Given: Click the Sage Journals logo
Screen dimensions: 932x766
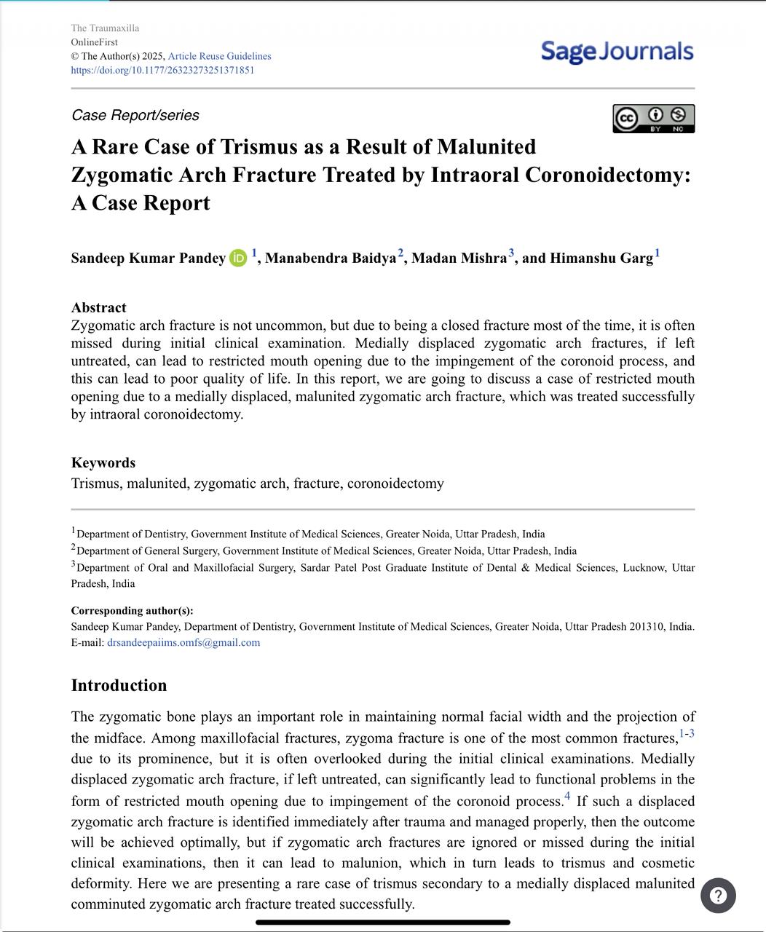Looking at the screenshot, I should pos(617,52).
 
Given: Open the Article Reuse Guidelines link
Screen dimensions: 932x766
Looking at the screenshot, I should pos(219,56).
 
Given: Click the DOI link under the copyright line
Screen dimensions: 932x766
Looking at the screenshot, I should pos(162,71).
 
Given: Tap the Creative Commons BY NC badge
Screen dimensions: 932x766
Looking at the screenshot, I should pos(653,119).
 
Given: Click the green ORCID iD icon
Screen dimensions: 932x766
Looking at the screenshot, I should pos(238,258).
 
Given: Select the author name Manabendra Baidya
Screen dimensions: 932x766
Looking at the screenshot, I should pos(331,258).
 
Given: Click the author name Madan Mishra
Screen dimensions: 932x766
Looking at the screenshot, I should pos(459,258).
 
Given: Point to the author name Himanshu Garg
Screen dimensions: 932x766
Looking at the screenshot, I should pos(601,258).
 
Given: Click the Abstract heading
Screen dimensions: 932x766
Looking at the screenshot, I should pos(98,308).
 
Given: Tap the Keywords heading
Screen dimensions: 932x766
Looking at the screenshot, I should pos(103,463).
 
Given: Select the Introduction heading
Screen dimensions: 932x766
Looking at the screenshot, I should pos(119,686).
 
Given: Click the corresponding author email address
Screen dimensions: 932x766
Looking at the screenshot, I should pos(183,643).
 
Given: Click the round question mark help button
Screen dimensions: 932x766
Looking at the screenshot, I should pos(718,896).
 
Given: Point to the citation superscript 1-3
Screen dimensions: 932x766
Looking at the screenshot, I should pos(687,734).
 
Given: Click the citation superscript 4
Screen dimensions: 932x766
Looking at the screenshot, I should pos(567,797).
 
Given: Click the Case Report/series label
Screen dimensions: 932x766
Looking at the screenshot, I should pos(135,116).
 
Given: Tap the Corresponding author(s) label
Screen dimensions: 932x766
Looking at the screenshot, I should pos(132,611).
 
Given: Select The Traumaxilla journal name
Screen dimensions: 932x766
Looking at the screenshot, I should pos(105,28).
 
